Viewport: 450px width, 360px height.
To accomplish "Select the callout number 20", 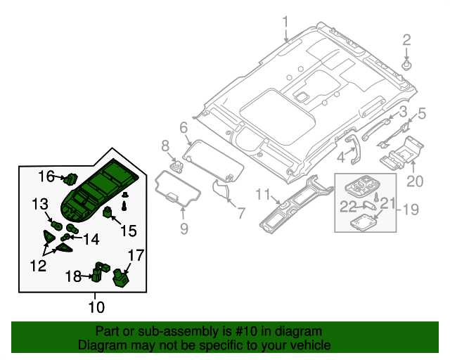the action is point(415,181).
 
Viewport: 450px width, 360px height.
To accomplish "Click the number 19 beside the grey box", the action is point(411,210).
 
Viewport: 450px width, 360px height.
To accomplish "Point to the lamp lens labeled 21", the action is point(363,223).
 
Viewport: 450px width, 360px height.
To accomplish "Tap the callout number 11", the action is point(263,194).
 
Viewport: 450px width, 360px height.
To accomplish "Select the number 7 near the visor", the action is point(241,213).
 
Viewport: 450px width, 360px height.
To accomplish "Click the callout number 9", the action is point(184,229).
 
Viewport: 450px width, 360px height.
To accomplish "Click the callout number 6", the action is point(184,128).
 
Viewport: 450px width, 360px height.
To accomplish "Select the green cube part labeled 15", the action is point(108,213).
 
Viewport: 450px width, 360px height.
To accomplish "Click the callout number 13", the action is point(40,204).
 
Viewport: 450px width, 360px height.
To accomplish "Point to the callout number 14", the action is point(91,239).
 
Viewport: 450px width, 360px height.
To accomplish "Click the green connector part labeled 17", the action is point(121,277).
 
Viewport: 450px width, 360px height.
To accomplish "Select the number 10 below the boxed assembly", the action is point(96,307).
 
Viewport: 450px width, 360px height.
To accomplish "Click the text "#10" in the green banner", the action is point(245,331).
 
